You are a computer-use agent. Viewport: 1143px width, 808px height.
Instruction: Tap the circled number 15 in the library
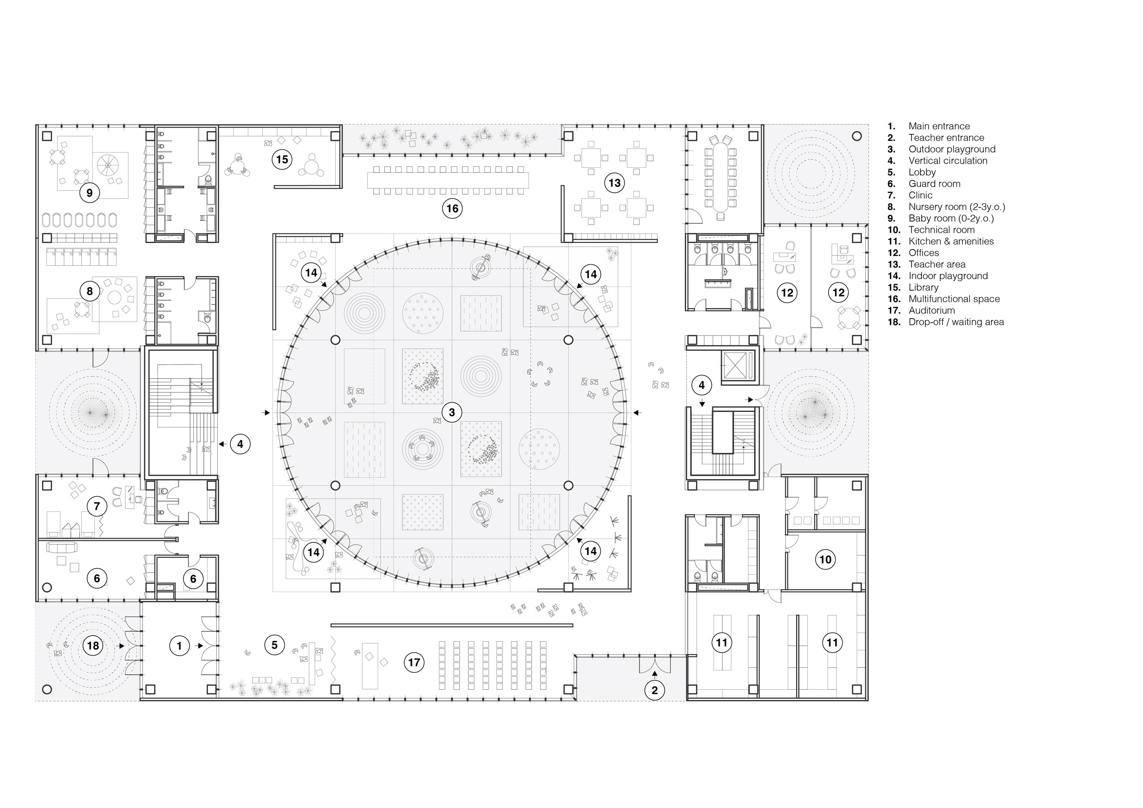pyautogui.click(x=282, y=159)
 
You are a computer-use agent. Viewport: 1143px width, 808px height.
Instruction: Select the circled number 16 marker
pyautogui.click(x=452, y=208)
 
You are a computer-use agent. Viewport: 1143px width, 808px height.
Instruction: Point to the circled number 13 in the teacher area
pyautogui.click(x=614, y=183)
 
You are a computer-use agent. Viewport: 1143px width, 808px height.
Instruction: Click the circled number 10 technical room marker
pyautogui.click(x=825, y=559)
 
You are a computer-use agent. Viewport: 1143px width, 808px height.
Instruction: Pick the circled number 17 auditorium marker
pyautogui.click(x=414, y=662)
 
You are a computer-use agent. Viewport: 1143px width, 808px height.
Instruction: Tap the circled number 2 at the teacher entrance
pyautogui.click(x=655, y=690)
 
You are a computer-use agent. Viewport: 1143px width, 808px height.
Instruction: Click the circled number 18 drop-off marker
pyautogui.click(x=93, y=646)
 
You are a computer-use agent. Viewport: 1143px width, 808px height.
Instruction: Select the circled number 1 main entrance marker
pyautogui.click(x=179, y=646)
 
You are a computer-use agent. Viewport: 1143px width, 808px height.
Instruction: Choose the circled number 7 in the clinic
pyautogui.click(x=96, y=506)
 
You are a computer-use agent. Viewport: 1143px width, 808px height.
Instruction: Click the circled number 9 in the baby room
pyautogui.click(x=90, y=192)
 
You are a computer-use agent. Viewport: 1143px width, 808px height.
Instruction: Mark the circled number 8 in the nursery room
pyautogui.click(x=90, y=291)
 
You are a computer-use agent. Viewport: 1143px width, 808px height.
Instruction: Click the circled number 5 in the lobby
pyautogui.click(x=274, y=645)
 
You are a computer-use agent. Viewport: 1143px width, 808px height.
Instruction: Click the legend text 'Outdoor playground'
pyautogui.click(x=952, y=149)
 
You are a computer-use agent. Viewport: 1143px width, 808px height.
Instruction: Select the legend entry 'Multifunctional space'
pyautogui.click(x=954, y=299)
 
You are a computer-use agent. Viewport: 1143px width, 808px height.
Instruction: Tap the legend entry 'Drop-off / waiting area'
pyautogui.click(x=956, y=322)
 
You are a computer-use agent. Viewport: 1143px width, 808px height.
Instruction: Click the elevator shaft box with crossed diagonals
pyautogui.click(x=739, y=365)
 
